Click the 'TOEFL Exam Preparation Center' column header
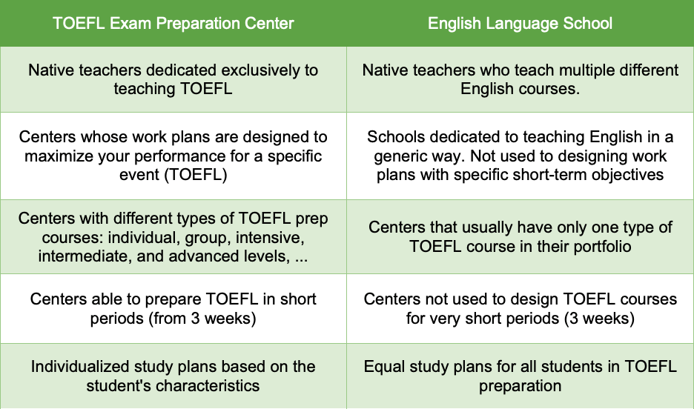coord(173,23)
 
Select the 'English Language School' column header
coord(520,23)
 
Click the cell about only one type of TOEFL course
coord(520,236)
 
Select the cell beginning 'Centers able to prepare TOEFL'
coord(173,309)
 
